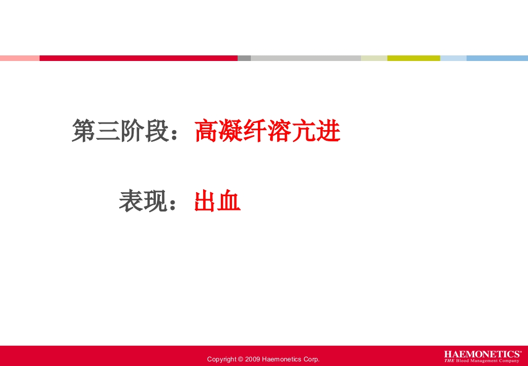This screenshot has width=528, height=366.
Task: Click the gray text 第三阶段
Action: [120, 132]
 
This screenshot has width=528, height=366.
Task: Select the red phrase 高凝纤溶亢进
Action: [268, 132]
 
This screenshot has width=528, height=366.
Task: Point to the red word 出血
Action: [217, 201]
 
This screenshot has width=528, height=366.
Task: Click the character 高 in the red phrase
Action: [207, 132]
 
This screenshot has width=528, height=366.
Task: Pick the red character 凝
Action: [231, 132]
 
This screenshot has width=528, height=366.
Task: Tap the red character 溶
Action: [280, 132]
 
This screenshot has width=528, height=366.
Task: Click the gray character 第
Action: [84, 132]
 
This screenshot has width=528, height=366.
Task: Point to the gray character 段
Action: [157, 132]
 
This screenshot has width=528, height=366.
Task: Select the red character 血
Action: [229, 201]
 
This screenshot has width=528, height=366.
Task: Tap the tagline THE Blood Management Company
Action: [482, 361]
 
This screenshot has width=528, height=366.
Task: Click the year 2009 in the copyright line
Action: [252, 359]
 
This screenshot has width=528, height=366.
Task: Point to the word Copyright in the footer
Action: [221, 359]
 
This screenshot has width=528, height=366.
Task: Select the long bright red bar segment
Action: [138, 58]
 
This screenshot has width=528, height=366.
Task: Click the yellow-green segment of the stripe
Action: [413, 58]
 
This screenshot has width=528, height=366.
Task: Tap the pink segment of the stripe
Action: [19, 58]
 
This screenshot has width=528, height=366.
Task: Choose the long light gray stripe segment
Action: [306, 58]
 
